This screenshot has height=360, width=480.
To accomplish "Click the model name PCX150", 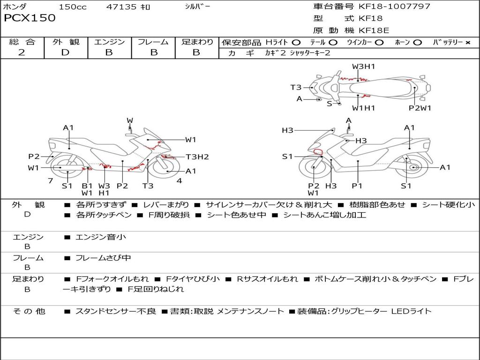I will pyautogui.click(x=30, y=18).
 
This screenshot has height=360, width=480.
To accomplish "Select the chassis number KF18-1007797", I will pyautogui.click(x=394, y=7).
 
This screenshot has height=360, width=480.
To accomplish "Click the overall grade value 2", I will pyautogui.click(x=22, y=52).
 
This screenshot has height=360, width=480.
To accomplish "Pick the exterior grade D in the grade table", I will pyautogui.click(x=65, y=52).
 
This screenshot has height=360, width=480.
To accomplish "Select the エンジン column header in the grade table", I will pyautogui.click(x=109, y=42).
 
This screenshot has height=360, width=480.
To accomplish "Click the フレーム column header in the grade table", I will pyautogui.click(x=153, y=42).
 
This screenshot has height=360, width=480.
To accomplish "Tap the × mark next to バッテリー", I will pyautogui.click(x=467, y=42).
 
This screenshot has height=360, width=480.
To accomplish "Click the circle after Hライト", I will pyautogui.click(x=296, y=42).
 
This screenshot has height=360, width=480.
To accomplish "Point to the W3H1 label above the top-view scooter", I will pyautogui.click(x=364, y=67).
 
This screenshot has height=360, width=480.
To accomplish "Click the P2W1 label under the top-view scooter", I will pyautogui.click(x=420, y=108).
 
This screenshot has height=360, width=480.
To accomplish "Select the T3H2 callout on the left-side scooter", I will pyautogui.click(x=197, y=157).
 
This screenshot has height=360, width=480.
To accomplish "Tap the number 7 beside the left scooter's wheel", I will pyautogui.click(x=50, y=180).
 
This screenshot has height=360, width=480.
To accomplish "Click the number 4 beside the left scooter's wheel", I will pyautogui.click(x=179, y=180).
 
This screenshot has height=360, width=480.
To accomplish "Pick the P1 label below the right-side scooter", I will pyautogui.click(x=357, y=186).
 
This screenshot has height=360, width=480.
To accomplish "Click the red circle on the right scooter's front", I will pyautogui.click(x=318, y=151).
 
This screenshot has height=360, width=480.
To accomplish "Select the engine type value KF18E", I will pyautogui.click(x=374, y=30).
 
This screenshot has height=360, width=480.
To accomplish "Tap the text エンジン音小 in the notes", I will pyautogui.click(x=100, y=237).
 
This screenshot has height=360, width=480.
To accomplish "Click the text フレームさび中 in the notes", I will pyautogui.click(x=103, y=258).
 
